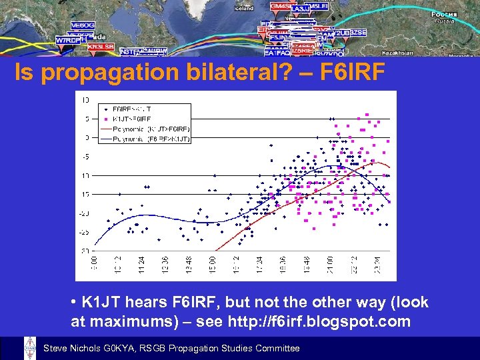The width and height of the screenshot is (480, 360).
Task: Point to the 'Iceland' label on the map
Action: pos(244,9)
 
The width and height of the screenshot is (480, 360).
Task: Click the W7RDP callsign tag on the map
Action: pos(66,40)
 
